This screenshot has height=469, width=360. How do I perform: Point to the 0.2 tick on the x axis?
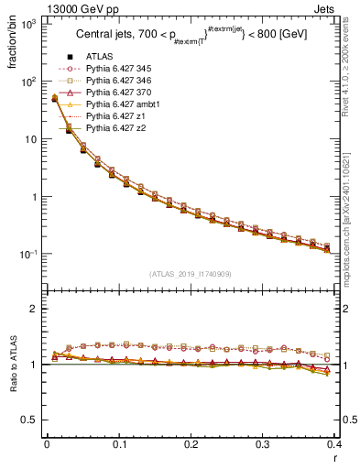(x=191, y=444)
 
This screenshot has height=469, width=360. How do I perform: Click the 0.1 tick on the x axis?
(x=119, y=444)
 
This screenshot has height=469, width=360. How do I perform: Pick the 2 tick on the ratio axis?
(x=35, y=309)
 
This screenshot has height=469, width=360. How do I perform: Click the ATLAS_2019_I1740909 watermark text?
(x=191, y=274)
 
